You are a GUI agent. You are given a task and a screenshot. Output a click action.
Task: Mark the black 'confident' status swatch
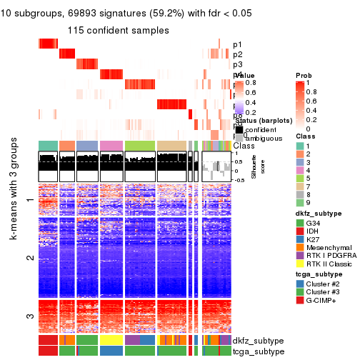click(239, 129)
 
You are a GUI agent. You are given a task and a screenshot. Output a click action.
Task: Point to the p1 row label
click(237, 44)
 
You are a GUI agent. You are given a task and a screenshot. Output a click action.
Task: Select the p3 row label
click(237, 65)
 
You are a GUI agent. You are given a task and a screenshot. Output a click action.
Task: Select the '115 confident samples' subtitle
click(119, 31)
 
